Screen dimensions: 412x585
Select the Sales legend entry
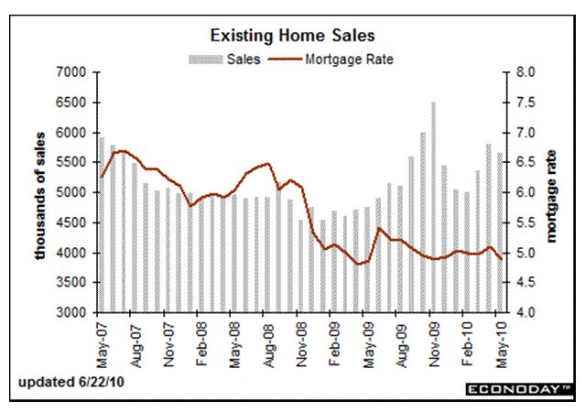[x=224, y=59]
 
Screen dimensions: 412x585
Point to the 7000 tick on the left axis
[x=70, y=72]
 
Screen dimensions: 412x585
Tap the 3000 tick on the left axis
[x=70, y=312]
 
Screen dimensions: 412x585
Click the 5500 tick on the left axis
[x=70, y=162]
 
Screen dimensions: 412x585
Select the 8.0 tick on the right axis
[x=517, y=72]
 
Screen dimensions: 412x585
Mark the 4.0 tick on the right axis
[x=517, y=312]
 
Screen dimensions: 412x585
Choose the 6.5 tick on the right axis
[x=517, y=162]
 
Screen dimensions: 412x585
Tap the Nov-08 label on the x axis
[x=301, y=338]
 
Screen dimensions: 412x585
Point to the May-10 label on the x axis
[x=500, y=338]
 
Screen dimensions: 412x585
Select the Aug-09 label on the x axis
[x=400, y=338]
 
